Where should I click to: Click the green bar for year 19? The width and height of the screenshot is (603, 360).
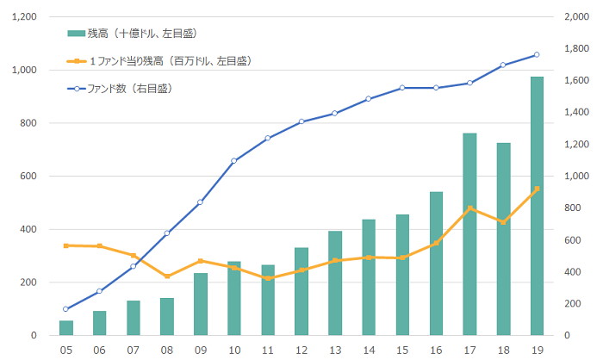pos(537,206)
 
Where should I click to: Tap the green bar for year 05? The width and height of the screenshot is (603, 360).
pos(65,328)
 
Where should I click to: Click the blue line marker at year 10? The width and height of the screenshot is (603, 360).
pos(234,161)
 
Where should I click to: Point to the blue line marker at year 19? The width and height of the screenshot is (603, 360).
pos(537,54)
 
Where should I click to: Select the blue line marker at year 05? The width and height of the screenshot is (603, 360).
pos(65,309)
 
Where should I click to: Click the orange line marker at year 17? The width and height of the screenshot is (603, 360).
pos(469,208)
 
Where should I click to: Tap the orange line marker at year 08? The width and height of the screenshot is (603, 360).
pos(167,276)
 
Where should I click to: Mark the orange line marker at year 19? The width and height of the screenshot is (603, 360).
pos(537,189)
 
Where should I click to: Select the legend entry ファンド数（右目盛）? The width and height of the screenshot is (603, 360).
pos(129,88)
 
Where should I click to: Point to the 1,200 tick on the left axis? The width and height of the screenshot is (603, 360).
pos(24,17)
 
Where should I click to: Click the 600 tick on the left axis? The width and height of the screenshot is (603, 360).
pos(29,177)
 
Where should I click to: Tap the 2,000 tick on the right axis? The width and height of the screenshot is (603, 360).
pos(575,17)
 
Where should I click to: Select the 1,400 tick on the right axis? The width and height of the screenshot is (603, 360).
pos(575,113)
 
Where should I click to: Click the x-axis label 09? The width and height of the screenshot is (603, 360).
pos(201,351)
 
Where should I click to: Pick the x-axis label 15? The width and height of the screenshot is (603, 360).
pos(402,351)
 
